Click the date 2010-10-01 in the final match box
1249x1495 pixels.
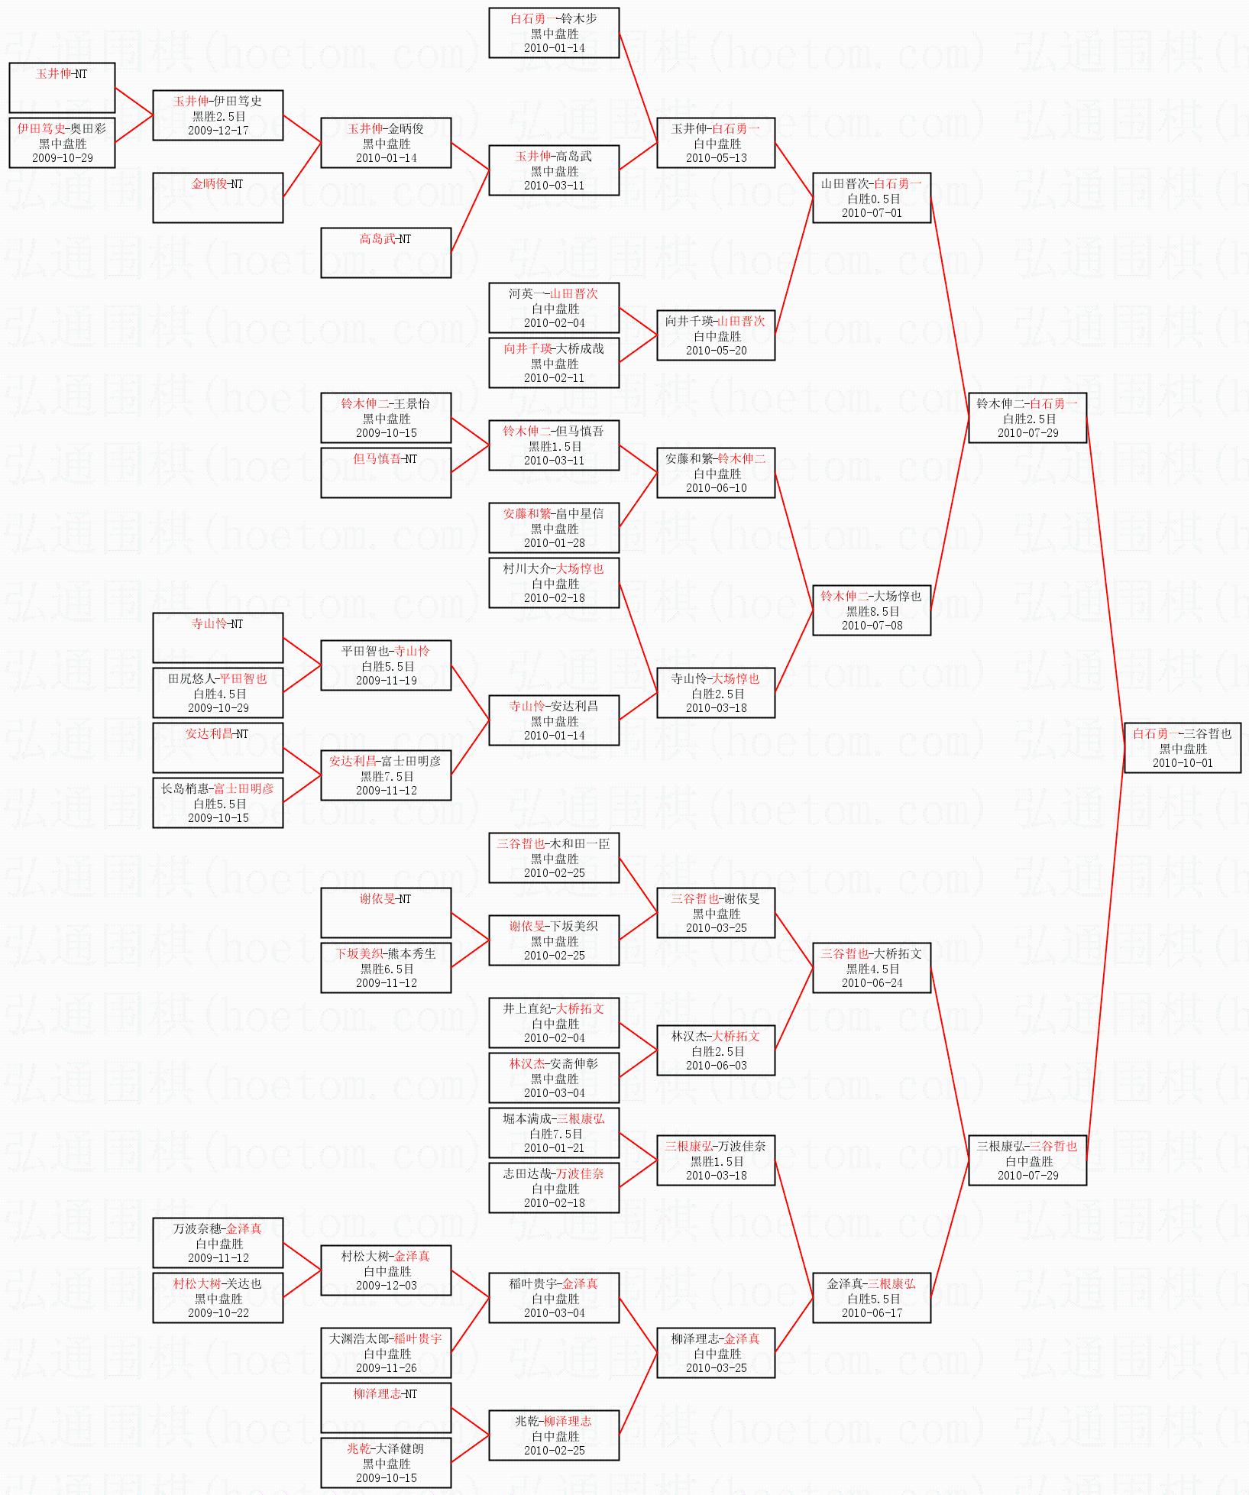click(x=1183, y=763)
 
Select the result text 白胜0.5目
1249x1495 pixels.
click(x=872, y=199)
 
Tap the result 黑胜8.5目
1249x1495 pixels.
click(x=872, y=611)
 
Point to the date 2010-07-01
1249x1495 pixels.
click(x=872, y=213)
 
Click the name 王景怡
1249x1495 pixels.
click(x=412, y=403)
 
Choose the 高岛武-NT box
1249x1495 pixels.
click(x=386, y=253)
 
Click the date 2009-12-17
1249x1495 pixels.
click(x=218, y=131)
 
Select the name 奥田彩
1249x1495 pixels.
click(x=89, y=128)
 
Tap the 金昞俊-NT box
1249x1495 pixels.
click(x=218, y=198)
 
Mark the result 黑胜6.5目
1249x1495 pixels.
click(x=387, y=969)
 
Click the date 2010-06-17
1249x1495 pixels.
click(x=872, y=1313)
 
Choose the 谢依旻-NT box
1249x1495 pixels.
click(x=386, y=913)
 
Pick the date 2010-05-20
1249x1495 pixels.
click(x=716, y=351)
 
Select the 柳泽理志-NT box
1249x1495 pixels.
click(x=386, y=1408)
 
